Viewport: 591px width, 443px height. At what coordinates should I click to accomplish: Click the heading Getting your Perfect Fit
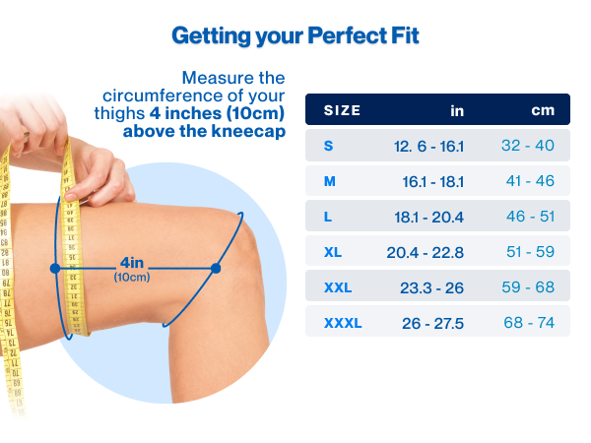click(295, 36)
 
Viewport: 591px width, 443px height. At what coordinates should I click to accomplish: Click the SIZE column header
click(343, 110)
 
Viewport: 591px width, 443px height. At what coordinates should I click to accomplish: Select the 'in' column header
click(457, 110)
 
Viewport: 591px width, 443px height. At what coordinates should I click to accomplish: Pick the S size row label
click(329, 146)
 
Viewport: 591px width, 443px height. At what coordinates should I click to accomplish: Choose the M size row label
click(330, 181)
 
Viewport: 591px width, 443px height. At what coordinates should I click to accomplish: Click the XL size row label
click(333, 252)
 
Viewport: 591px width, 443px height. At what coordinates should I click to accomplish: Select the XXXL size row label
click(343, 323)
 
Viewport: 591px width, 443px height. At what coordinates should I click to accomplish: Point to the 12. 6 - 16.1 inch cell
click(428, 146)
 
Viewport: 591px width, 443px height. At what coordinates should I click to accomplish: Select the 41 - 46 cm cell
click(531, 181)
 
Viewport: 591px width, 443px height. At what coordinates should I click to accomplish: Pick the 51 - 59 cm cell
click(531, 252)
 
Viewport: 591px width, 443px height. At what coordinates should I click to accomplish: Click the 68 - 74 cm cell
click(531, 323)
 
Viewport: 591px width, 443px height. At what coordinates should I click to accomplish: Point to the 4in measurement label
click(132, 262)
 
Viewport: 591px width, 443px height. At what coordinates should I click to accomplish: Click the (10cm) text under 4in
click(132, 277)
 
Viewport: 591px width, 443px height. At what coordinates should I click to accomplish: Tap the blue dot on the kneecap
click(217, 268)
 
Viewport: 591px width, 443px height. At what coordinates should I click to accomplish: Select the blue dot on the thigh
click(55, 268)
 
